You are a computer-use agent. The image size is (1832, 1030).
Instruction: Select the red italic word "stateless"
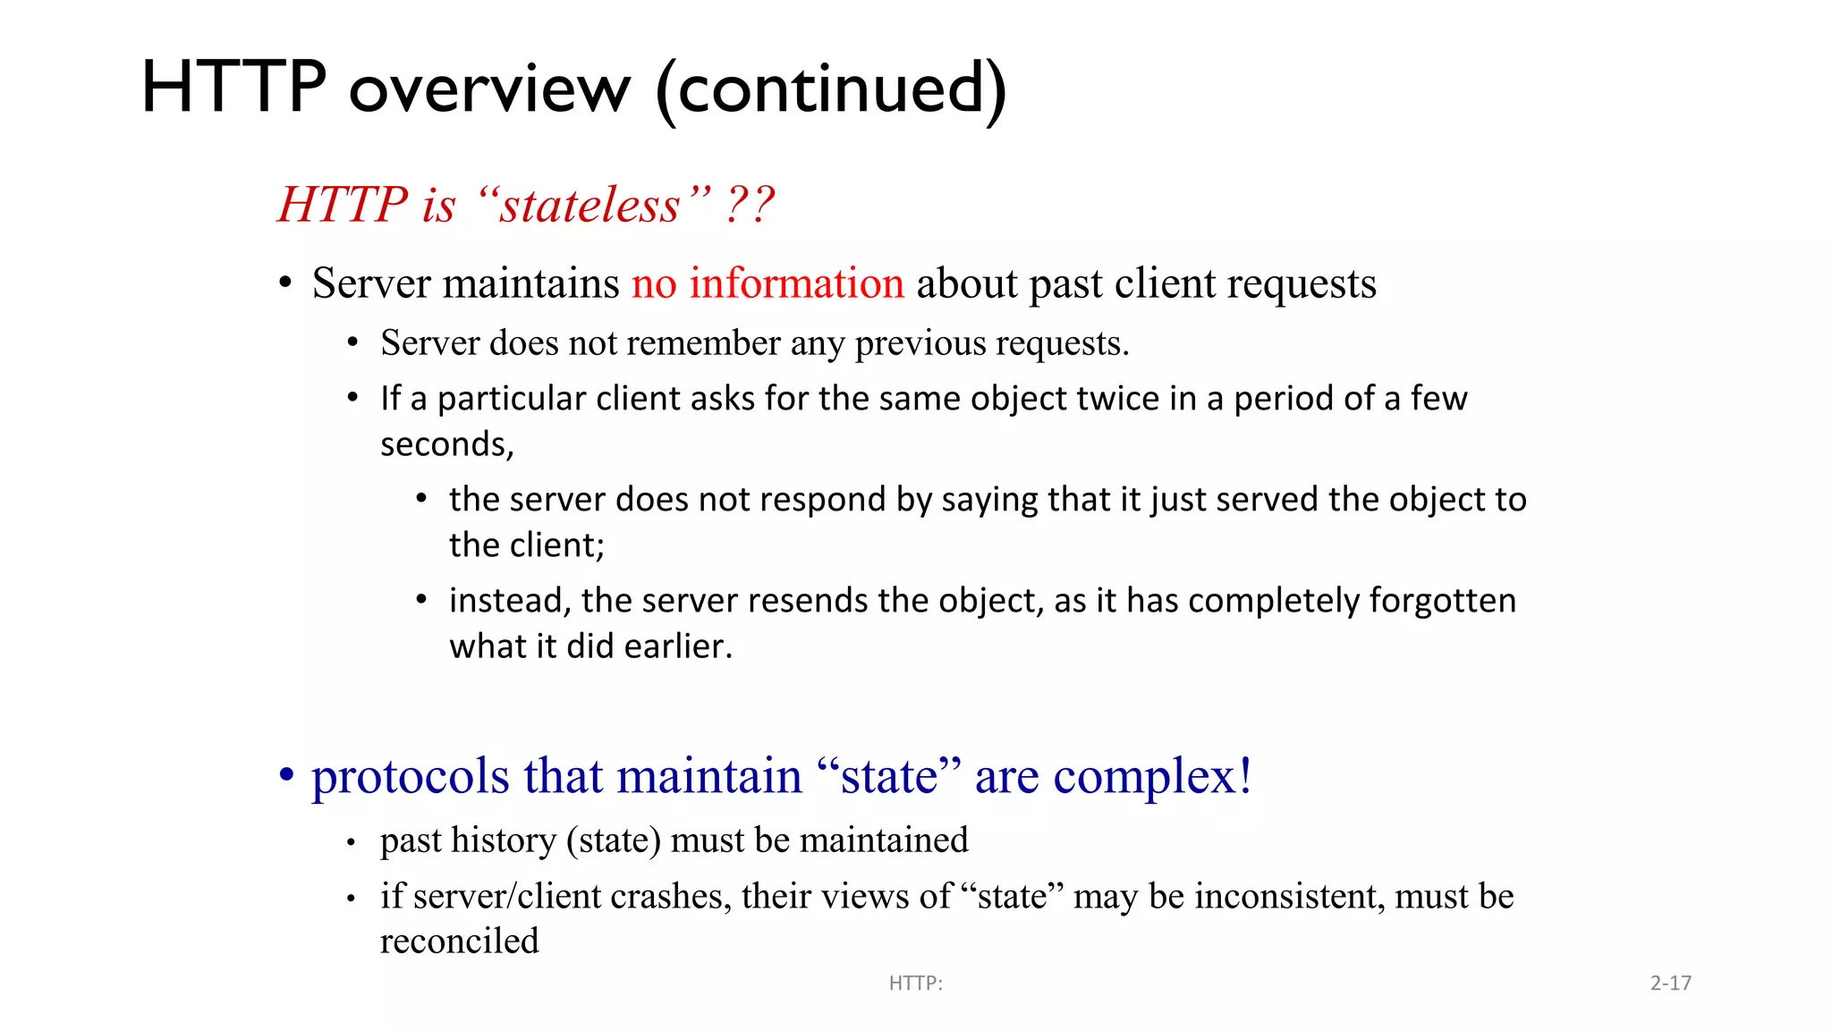coord(589,205)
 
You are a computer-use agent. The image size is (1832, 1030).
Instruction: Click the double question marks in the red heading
coord(750,205)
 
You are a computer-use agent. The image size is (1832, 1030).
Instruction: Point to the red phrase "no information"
coord(768,283)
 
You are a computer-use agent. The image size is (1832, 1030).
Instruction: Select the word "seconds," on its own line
coord(447,444)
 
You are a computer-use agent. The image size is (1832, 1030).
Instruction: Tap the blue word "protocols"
coord(411,776)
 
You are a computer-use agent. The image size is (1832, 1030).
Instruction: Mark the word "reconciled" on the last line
coord(460,941)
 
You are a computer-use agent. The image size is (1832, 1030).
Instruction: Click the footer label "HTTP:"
coord(916,984)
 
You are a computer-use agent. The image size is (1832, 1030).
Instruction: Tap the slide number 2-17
coord(1670,984)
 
